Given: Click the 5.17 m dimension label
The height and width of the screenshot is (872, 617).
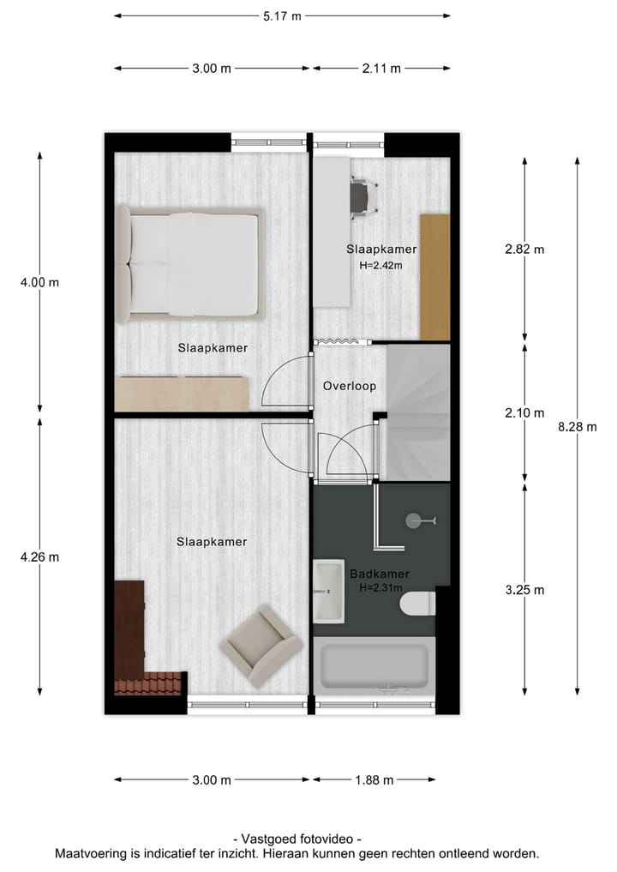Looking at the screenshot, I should tap(281, 15).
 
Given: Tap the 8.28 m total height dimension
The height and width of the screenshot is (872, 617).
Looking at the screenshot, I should tap(576, 427).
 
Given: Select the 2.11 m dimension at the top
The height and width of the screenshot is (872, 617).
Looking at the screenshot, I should tap(381, 69).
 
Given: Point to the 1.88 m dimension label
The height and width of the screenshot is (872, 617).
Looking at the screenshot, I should tap(374, 779).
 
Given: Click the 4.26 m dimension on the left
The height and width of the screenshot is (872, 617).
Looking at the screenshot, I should tap(39, 556).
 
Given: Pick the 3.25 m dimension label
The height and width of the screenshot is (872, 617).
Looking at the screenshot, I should tap(524, 589).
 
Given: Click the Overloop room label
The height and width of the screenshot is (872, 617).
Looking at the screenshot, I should tap(349, 386).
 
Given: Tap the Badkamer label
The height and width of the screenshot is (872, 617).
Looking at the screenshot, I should tap(379, 574).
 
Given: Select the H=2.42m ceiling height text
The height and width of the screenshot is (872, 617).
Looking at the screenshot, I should tap(380, 265).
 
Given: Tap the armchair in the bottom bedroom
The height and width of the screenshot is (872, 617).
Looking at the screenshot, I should tap(261, 645).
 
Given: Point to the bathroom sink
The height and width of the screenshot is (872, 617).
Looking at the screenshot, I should tap(328, 590).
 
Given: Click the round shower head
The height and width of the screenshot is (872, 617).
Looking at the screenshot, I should tap(416, 519).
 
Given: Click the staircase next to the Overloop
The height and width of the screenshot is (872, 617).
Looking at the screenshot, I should tap(417, 412).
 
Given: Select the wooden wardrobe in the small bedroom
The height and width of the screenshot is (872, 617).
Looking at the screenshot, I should tap(434, 276).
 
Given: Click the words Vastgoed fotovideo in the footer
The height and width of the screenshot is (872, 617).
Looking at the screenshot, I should tap(297, 839).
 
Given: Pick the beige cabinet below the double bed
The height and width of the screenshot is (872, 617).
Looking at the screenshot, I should tap(182, 394).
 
